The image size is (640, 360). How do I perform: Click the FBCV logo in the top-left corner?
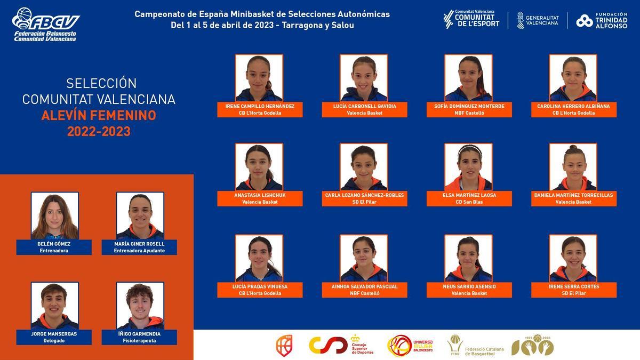[46, 25]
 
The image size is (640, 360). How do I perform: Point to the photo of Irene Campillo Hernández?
[259, 78]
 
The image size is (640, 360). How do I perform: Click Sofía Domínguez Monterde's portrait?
[469, 78]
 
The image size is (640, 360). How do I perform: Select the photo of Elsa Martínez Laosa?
[469, 167]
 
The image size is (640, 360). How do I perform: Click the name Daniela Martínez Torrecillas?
[573, 195]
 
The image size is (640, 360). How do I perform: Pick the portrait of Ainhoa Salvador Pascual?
[364, 258]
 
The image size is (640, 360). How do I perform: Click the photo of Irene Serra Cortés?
[573, 258]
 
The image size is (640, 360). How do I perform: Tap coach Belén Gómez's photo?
[54, 215]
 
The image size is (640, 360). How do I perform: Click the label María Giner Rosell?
[140, 244]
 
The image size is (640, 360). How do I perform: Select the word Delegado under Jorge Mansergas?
[54, 340]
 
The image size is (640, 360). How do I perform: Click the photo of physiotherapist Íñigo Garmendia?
[140, 306]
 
